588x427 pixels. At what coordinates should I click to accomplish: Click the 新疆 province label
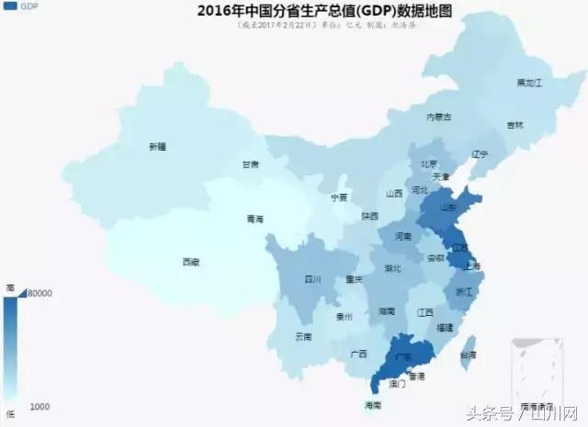(158, 146)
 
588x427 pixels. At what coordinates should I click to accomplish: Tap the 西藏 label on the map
(190, 262)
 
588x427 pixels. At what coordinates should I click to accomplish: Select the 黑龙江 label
(530, 84)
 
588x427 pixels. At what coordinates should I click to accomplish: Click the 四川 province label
(312, 279)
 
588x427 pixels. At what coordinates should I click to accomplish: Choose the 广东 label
(401, 355)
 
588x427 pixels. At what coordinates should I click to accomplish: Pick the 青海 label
(254, 219)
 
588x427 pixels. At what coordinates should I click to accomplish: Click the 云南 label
(304, 336)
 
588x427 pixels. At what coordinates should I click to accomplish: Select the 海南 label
(371, 404)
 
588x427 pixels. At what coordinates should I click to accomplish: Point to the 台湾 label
(468, 354)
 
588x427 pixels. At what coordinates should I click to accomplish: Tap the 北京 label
(429, 163)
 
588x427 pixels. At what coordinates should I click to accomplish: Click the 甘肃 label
(250, 165)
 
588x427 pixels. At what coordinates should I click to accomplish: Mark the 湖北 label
(392, 269)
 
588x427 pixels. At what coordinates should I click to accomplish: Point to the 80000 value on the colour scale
(38, 293)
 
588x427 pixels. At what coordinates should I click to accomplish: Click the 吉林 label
(514, 125)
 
